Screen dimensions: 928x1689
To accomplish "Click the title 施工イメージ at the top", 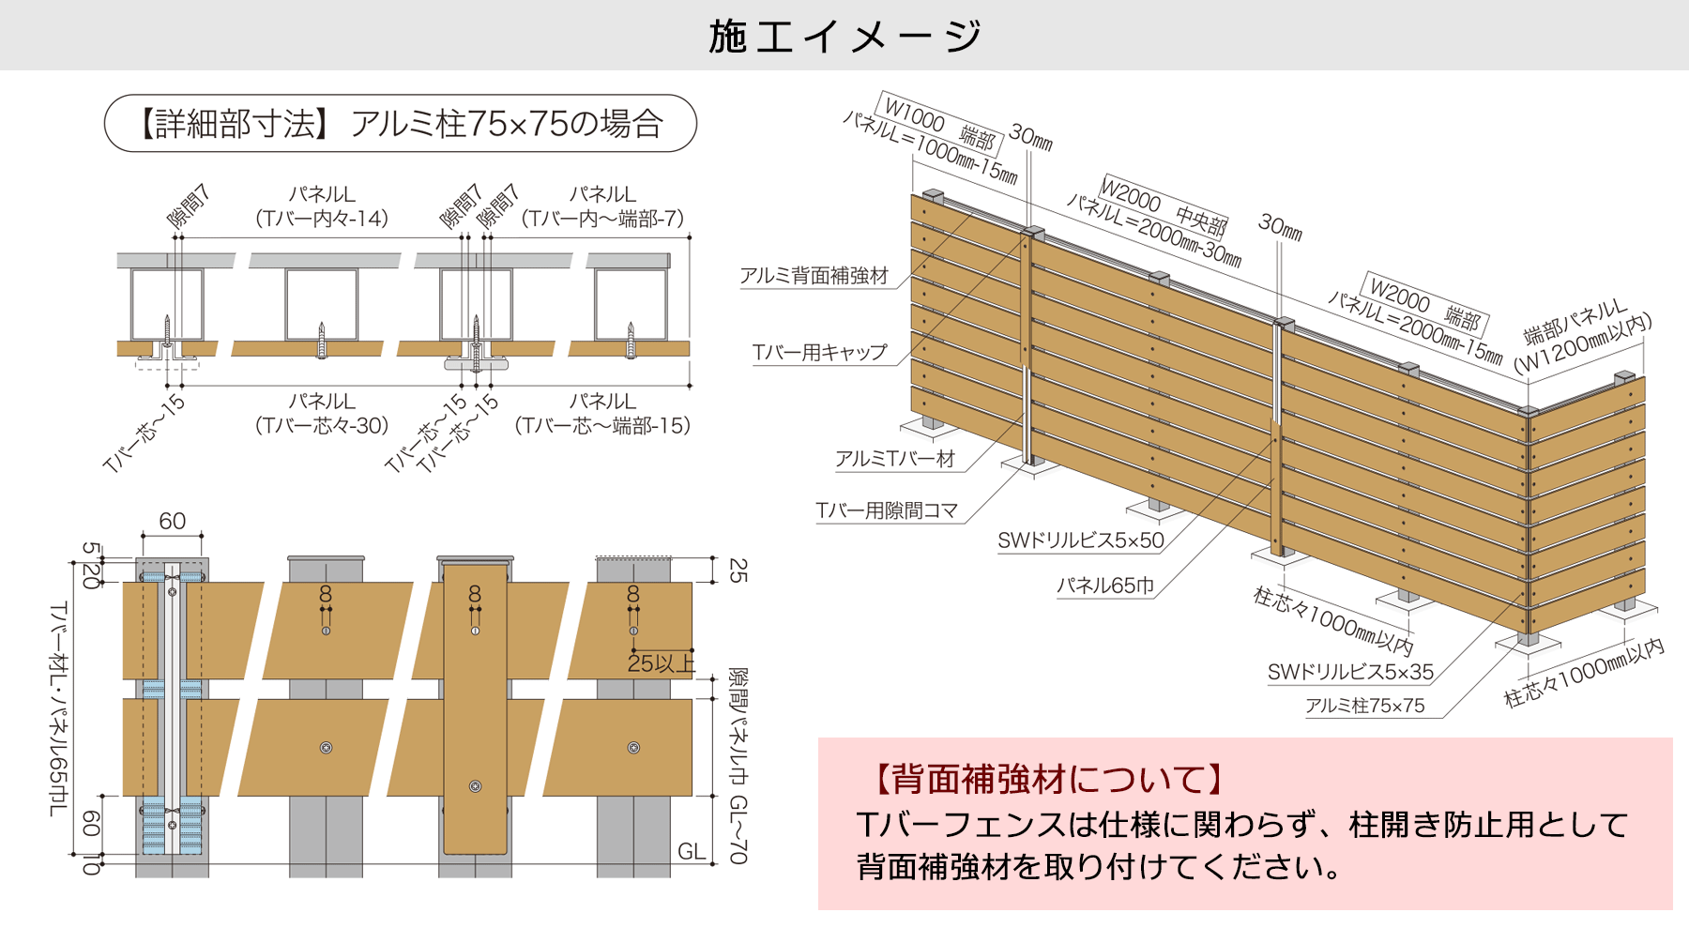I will (844, 36).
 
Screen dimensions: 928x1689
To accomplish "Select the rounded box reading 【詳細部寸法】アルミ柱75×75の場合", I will (401, 123).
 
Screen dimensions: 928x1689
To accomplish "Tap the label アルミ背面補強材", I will (814, 276).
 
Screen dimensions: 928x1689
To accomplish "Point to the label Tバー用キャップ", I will (819, 353).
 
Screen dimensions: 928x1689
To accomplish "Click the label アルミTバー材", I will (894, 459).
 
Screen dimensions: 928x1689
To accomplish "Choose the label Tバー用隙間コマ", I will (887, 510).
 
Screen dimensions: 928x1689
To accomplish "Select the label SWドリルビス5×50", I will (1080, 540).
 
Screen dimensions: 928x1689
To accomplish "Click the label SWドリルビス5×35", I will (1349, 672).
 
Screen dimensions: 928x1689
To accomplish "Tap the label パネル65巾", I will (1104, 586).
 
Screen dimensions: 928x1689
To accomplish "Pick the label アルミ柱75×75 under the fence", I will (1364, 706).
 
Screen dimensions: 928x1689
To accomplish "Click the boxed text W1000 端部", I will (939, 125).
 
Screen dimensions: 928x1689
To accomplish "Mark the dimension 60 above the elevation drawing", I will (172, 521).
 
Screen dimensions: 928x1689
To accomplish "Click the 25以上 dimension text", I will (661, 663).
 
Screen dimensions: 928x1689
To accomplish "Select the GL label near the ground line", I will (691, 851).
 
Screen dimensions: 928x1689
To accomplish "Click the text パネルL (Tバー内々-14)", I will (322, 206).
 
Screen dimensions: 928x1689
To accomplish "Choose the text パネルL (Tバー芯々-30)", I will (322, 413).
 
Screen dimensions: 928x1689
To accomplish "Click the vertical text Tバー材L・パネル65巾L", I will (58, 708).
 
